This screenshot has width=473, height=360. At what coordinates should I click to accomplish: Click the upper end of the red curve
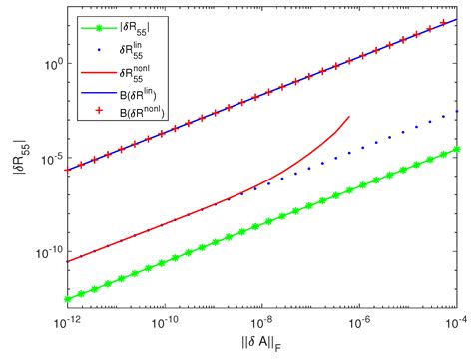click(x=349, y=117)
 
